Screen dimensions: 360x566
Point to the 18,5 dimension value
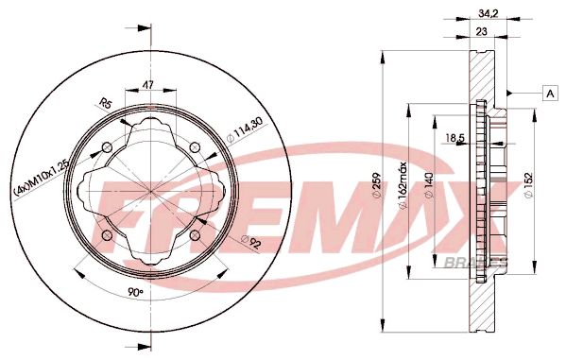click(x=455, y=139)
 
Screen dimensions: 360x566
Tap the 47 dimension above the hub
click(x=148, y=84)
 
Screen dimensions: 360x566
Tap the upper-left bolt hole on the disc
click(x=108, y=146)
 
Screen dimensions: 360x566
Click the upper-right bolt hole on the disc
click(x=194, y=146)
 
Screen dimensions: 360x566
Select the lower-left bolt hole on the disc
click(x=108, y=233)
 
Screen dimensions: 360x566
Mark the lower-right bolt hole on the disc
click(x=194, y=233)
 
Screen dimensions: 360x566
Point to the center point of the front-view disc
click(x=151, y=190)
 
